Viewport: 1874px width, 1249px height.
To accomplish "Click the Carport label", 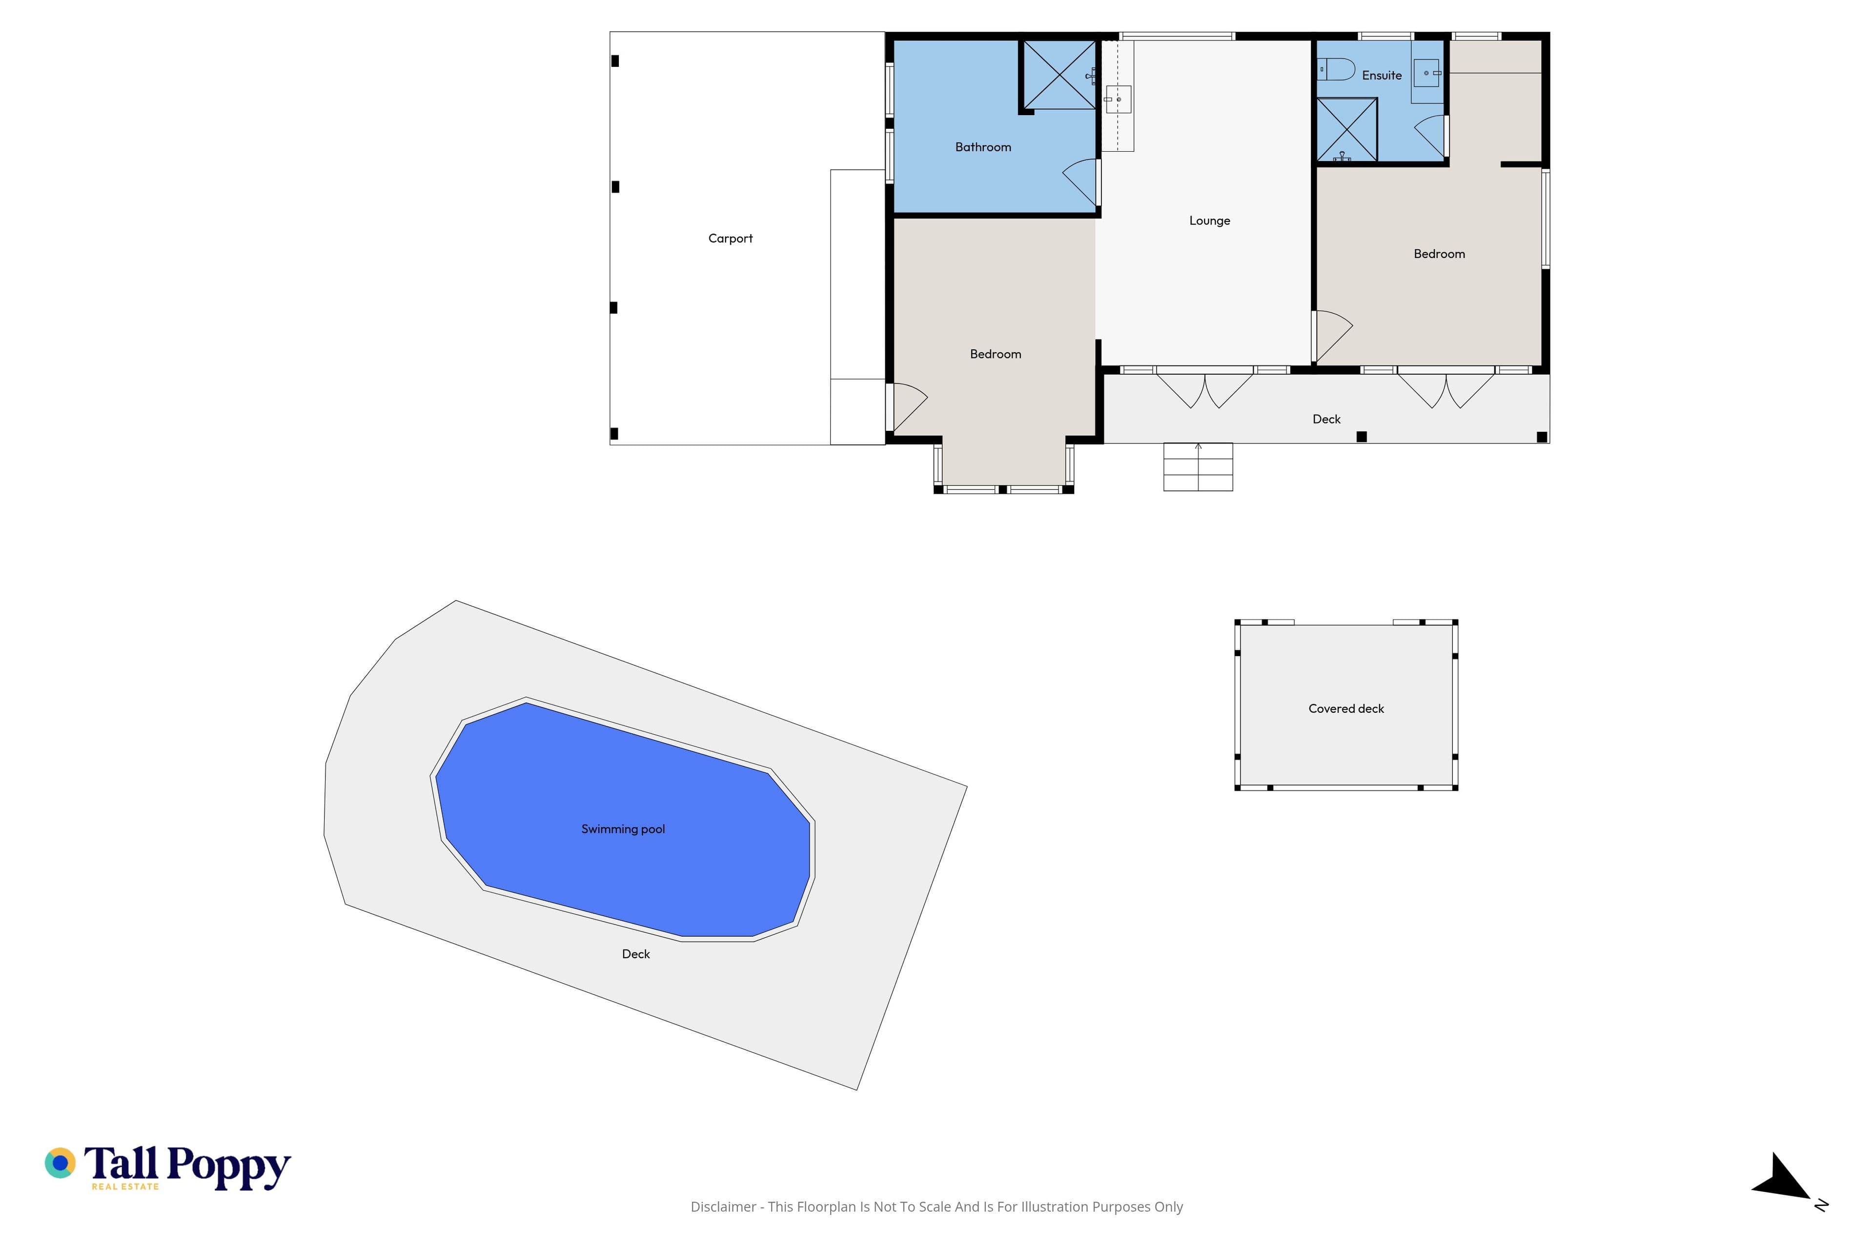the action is pyautogui.click(x=730, y=238).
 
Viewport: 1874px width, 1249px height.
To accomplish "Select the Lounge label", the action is pyautogui.click(x=1209, y=221).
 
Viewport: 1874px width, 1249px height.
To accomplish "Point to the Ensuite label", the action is pyautogui.click(x=1382, y=75).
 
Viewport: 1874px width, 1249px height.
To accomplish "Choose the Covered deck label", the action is pyautogui.click(x=1346, y=708).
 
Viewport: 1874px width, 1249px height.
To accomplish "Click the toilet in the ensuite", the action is pyautogui.click(x=1335, y=69).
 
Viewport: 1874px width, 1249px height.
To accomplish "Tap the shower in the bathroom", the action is pyautogui.click(x=1059, y=75).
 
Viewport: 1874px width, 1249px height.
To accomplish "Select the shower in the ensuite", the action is pyautogui.click(x=1346, y=129).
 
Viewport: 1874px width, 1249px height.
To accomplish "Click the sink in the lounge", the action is pyautogui.click(x=1118, y=100).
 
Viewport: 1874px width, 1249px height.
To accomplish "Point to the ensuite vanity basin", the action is pyautogui.click(x=1426, y=73).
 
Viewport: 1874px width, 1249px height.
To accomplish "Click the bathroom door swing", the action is pyautogui.click(x=1080, y=181).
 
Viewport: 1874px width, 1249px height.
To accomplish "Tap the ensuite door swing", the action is pyautogui.click(x=1431, y=136).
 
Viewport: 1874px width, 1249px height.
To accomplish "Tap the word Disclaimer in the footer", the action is pyautogui.click(x=723, y=1207).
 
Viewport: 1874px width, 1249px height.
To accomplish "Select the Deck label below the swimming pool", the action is pyautogui.click(x=636, y=953).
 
